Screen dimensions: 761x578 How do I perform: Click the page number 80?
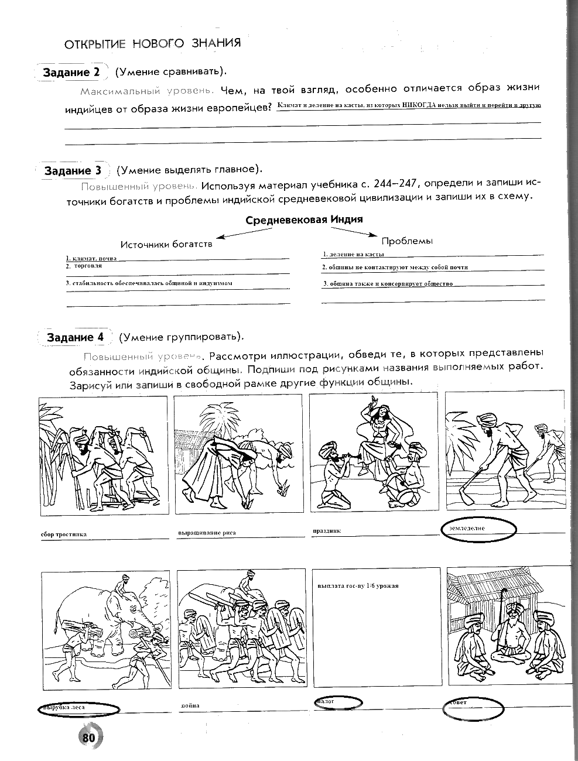tap(89, 738)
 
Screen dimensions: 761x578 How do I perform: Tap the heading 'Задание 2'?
tap(71, 73)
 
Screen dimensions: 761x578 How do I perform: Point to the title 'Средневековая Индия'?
tap(304, 220)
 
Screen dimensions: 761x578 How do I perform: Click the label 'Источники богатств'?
tap(166, 244)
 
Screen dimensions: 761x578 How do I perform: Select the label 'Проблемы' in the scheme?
tap(407, 241)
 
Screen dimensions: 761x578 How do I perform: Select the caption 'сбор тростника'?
tap(64, 534)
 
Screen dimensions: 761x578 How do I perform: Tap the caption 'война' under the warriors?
tap(190, 705)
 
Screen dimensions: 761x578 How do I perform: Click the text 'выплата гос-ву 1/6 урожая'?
tap(357, 585)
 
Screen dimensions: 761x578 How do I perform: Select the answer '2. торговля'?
tap(85, 266)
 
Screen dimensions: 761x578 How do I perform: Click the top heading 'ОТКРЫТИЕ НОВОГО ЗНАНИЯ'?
tap(152, 43)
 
